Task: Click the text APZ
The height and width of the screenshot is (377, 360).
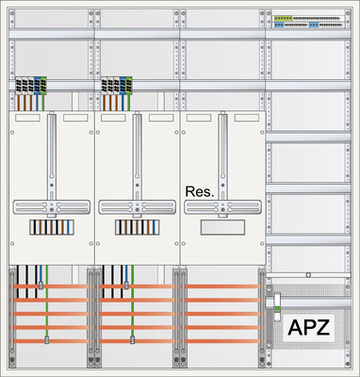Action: point(308,327)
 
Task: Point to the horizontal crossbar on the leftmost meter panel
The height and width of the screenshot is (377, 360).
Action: point(50,205)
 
